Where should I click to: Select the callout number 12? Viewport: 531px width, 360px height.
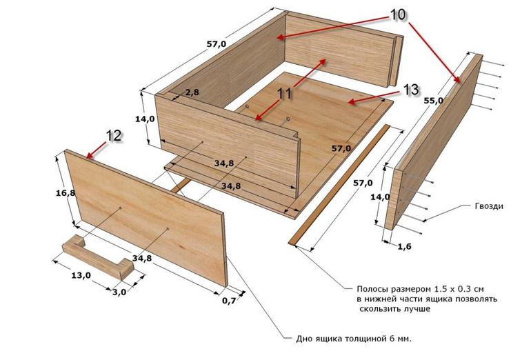click(114, 135)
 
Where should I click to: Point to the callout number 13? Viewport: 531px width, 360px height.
click(411, 90)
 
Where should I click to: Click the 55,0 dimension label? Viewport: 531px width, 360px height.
click(434, 101)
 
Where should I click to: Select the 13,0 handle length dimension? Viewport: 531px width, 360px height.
click(81, 275)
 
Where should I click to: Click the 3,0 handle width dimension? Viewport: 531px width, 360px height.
click(119, 292)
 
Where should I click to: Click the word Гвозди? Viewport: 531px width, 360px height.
click(488, 206)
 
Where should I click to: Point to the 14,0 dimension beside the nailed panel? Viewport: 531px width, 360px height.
click(381, 197)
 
